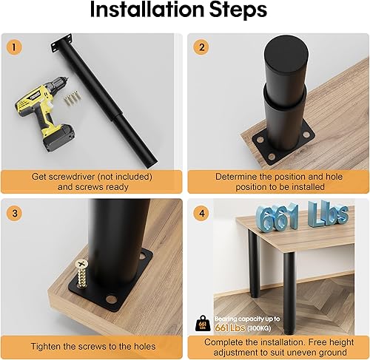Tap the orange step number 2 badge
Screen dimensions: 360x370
tap(200, 46)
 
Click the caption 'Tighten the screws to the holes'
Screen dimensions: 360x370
tap(92, 346)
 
